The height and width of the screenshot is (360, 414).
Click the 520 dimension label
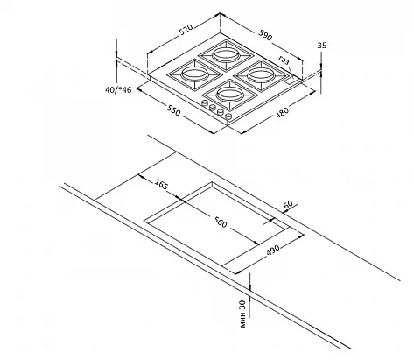click(x=186, y=30)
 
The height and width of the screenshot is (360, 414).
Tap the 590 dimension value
click(x=265, y=35)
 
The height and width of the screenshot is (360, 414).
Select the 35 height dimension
click(x=322, y=46)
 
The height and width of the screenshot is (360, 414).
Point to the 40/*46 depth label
click(x=118, y=89)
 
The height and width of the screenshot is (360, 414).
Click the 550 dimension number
click(x=174, y=109)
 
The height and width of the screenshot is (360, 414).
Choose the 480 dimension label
click(x=282, y=113)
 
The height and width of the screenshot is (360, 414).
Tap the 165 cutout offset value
click(x=161, y=184)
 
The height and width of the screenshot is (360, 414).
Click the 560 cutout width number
click(x=220, y=222)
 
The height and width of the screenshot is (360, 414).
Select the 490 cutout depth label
click(x=273, y=251)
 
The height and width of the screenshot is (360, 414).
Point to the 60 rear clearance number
click(x=288, y=204)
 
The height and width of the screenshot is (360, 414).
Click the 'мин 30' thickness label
click(x=242, y=314)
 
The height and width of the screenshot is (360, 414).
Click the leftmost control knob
click(x=205, y=102)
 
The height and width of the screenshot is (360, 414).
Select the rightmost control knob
click(x=229, y=116)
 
